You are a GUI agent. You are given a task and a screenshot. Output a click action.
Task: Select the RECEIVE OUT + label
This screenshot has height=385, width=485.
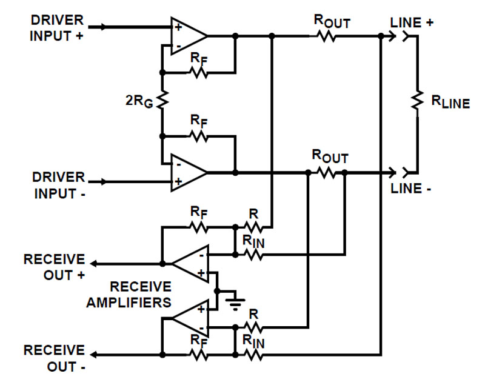click(x=54, y=267)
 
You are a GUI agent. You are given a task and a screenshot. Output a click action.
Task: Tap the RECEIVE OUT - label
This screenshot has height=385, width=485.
click(x=54, y=358)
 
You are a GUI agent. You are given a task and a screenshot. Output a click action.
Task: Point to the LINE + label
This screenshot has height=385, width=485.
click(x=413, y=22)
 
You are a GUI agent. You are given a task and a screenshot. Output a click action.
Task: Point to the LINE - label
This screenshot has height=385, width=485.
click(x=412, y=189)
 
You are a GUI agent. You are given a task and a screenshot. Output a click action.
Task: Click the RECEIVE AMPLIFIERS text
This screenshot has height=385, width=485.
click(x=129, y=294)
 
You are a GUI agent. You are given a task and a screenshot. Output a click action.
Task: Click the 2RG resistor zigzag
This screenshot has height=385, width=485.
click(x=162, y=101)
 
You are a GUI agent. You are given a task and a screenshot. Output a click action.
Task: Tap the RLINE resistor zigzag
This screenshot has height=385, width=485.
click(x=416, y=101)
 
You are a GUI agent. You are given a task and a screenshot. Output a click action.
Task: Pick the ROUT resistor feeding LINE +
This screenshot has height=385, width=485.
click(x=327, y=36)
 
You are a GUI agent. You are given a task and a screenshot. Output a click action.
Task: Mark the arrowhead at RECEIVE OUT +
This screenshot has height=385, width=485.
click(x=94, y=264)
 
